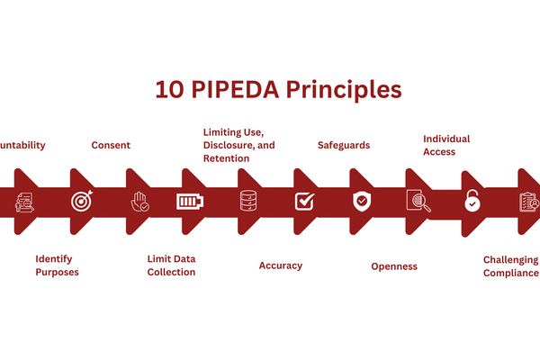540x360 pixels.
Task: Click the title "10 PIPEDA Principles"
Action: pyautogui.click(x=277, y=91)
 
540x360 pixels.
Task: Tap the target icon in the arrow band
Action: pyautogui.click(x=81, y=202)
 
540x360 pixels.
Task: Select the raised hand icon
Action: pyautogui.click(x=138, y=202)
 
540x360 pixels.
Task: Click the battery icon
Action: pyautogui.click(x=191, y=202)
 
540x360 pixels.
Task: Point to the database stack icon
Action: pyautogui.click(x=248, y=202)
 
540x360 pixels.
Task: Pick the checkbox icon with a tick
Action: pyautogui.click(x=304, y=202)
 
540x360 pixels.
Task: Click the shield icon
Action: pyautogui.click(x=361, y=202)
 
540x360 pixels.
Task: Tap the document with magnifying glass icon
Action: pyautogui.click(x=418, y=202)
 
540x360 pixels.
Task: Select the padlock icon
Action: pyautogui.click(x=472, y=202)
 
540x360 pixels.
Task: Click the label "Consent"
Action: pyautogui.click(x=111, y=145)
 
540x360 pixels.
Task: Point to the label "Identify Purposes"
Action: pyautogui.click(x=57, y=265)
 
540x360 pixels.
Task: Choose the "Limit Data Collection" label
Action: pyautogui.click(x=171, y=265)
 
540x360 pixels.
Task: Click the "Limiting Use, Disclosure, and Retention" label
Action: pyautogui.click(x=238, y=145)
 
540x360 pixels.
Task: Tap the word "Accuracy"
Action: pyautogui.click(x=281, y=265)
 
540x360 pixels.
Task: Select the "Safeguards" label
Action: pyautogui.click(x=344, y=145)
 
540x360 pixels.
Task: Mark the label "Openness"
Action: pyautogui.click(x=394, y=266)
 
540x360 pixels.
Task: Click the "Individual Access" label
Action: pyautogui.click(x=446, y=146)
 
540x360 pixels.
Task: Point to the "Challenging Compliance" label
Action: pyautogui.click(x=510, y=266)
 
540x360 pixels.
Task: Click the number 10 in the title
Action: pyautogui.click(x=168, y=91)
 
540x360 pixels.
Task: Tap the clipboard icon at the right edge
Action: pyautogui.click(x=528, y=202)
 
